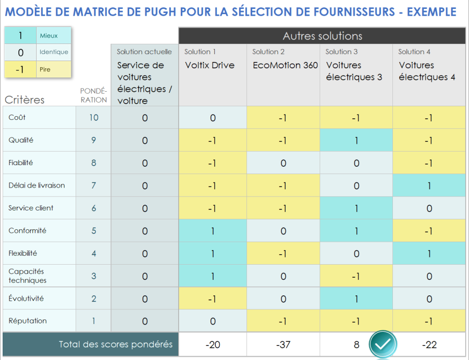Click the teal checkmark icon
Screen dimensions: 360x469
(383, 344)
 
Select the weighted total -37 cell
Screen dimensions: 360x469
(283, 344)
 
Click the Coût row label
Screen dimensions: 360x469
(17, 117)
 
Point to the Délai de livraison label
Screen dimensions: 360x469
(36, 185)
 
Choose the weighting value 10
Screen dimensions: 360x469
(93, 118)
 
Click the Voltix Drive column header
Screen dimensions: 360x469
(209, 65)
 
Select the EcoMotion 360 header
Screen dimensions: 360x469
(285, 65)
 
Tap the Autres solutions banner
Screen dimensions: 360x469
(322, 36)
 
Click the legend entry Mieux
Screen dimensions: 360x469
(48, 36)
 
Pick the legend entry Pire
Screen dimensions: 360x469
(45, 69)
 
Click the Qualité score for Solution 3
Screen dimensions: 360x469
(355, 141)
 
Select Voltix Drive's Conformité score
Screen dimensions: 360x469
(213, 231)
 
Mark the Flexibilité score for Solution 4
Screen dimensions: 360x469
(428, 254)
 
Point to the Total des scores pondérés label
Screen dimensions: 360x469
(115, 344)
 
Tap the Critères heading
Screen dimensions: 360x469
(24, 100)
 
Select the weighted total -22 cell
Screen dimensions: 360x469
(428, 344)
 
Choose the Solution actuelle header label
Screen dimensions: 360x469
(144, 52)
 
